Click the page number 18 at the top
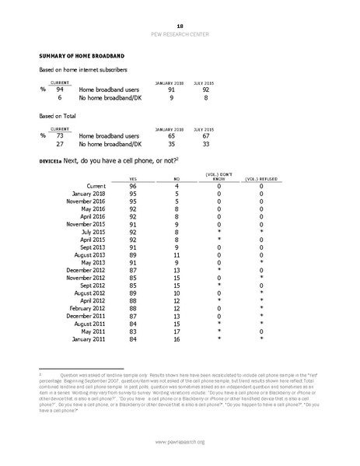[x=180, y=26]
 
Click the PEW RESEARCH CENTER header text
[x=180, y=35]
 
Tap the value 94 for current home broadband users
[x=59, y=90]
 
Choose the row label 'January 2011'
[x=88, y=338]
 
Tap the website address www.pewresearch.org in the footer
[x=180, y=443]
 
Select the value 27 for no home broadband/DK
[x=59, y=144]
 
